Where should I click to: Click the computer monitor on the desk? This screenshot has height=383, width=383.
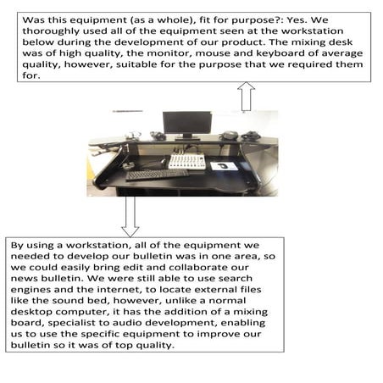[x=180, y=124]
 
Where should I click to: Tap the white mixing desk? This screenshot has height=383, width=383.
[x=186, y=161]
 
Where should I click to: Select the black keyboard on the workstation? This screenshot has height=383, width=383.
[x=157, y=174]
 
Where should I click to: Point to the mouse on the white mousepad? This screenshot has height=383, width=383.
[x=225, y=166]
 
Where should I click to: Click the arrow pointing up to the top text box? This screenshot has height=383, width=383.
[x=246, y=96]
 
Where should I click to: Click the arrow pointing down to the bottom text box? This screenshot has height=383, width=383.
[x=130, y=215]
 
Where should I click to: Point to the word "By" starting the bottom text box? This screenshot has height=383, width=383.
[x=19, y=245]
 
